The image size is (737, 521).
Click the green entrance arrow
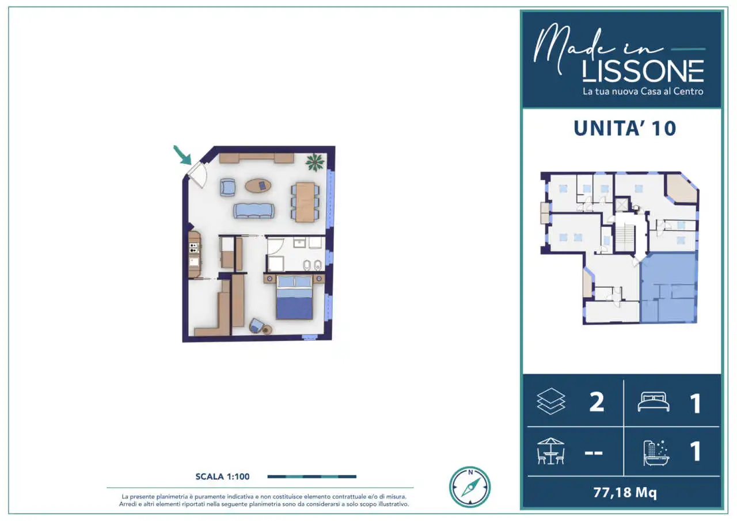coord(183,155)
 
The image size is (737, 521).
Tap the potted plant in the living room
coord(315,162)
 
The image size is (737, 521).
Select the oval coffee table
coord(259,185)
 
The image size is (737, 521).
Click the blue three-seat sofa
coord(254,211)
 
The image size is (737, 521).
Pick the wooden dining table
coord(305,202)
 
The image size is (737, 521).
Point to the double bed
coord(294,297)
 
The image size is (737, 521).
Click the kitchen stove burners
coord(193,248)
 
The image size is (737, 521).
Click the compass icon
coord(470,487)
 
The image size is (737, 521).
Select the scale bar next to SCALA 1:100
coord(312,476)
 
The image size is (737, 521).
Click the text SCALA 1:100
coord(222,476)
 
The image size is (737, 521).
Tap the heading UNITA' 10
coord(625,128)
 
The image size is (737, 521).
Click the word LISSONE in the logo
coord(643,71)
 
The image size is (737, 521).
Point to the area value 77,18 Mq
coord(625,492)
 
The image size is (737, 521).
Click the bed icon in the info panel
coord(654,402)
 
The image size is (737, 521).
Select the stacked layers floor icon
coord(551,401)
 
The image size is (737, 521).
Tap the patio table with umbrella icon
coord(551,451)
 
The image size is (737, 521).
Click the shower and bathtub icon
coord(656,453)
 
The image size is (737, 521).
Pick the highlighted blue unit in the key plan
coord(668,287)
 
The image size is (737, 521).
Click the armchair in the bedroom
coord(256,325)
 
